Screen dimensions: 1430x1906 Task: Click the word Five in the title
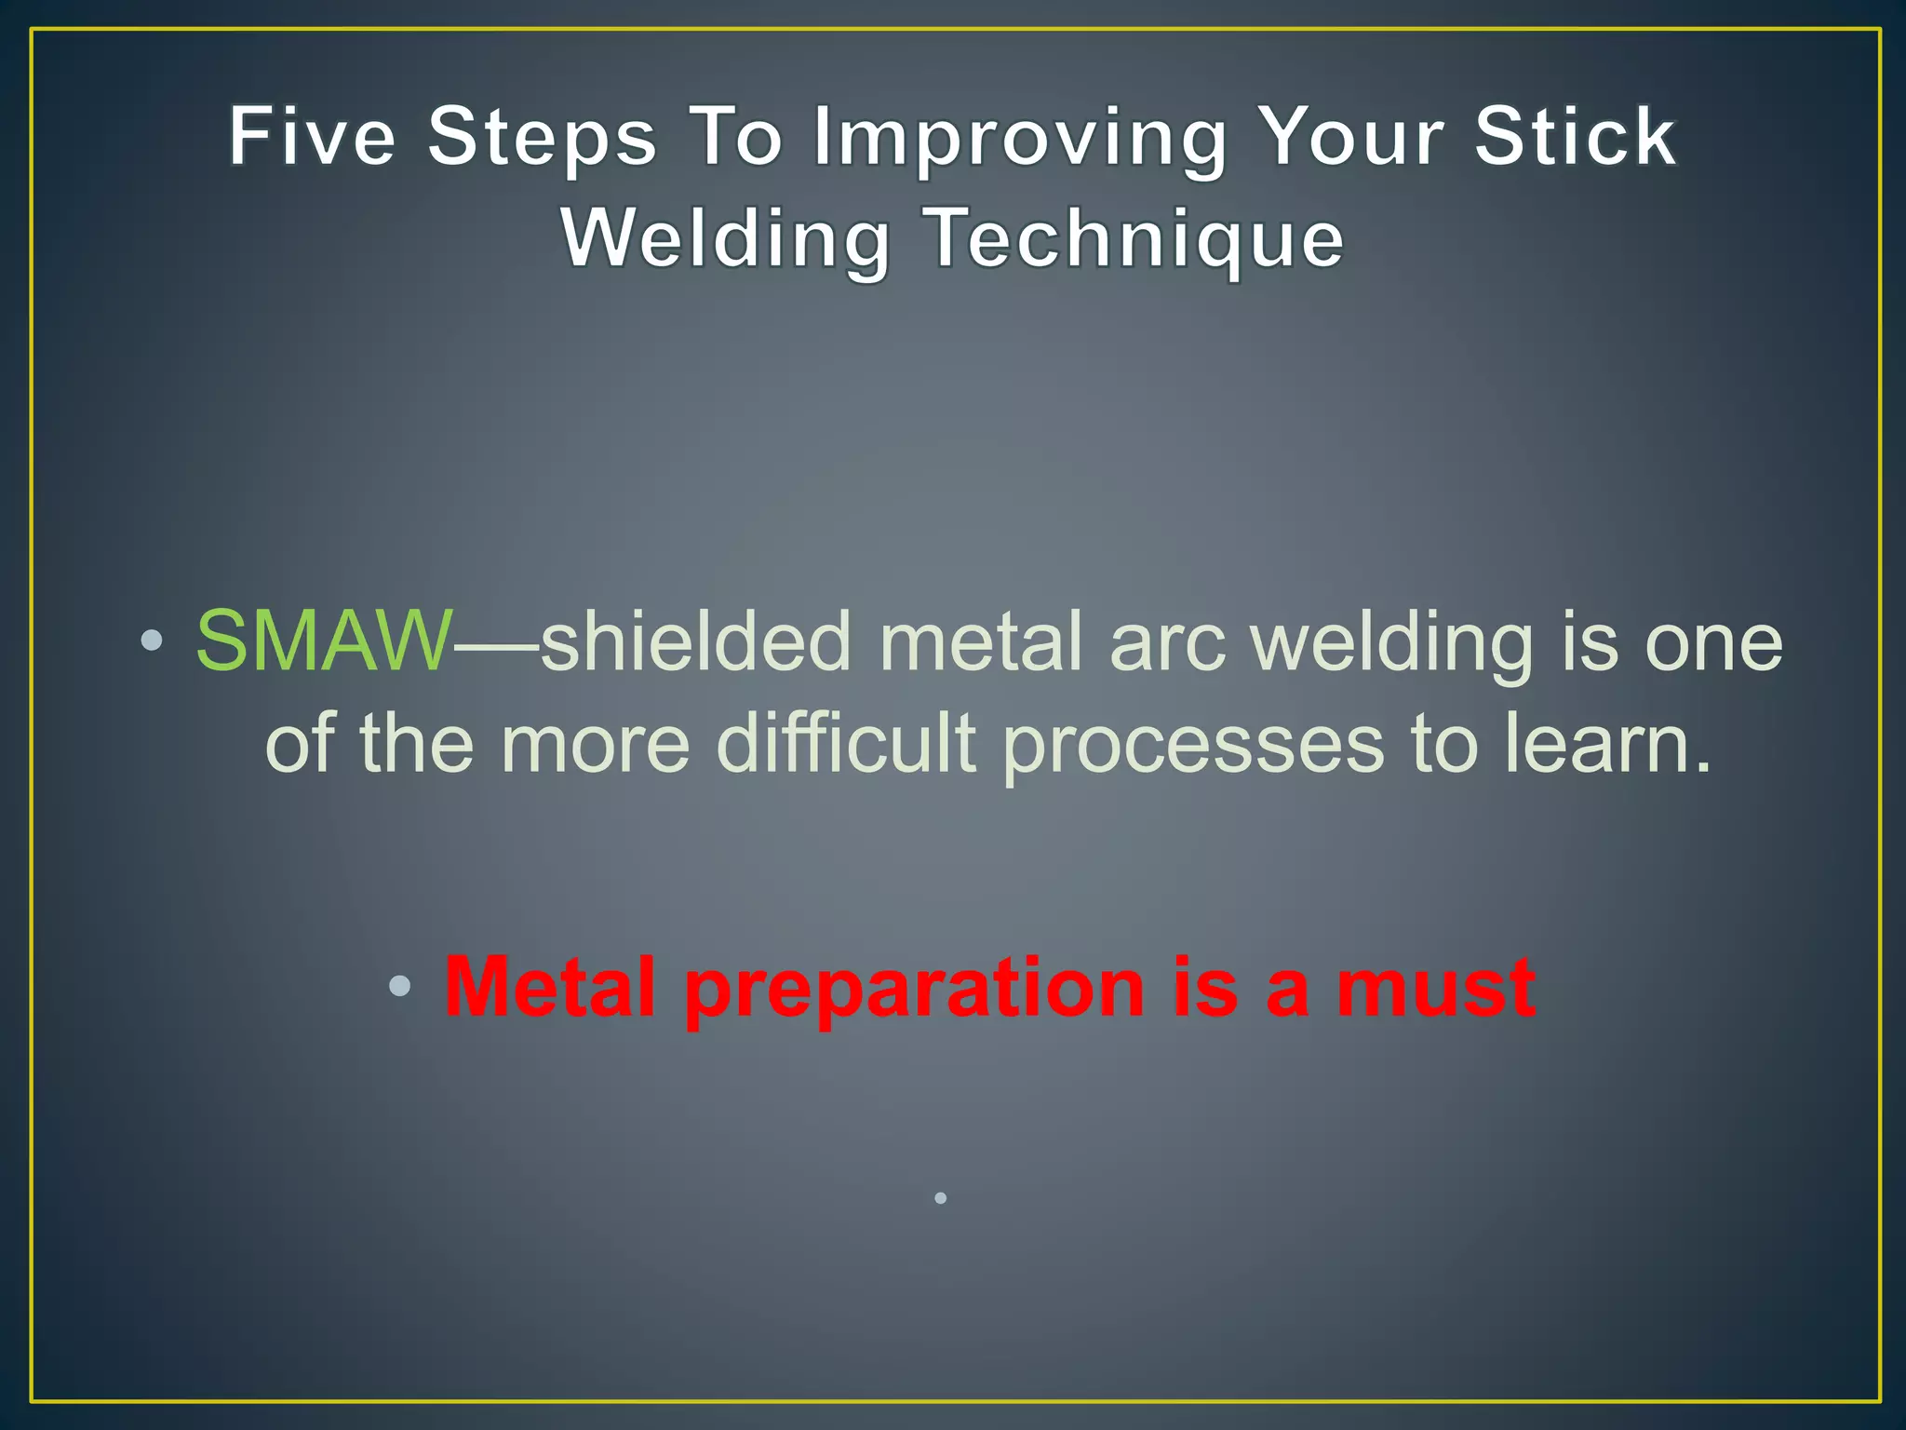click(x=313, y=137)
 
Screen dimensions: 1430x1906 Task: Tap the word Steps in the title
click(x=543, y=137)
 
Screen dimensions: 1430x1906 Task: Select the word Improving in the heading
click(x=1020, y=140)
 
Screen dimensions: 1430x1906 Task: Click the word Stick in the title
click(x=1575, y=137)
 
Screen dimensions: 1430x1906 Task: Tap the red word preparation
click(x=914, y=991)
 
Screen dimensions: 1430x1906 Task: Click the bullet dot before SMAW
click(x=153, y=641)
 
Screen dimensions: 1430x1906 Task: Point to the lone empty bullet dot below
click(x=941, y=1198)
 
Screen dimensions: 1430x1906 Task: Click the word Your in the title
click(x=1350, y=137)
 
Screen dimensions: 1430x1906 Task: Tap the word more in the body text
click(x=595, y=745)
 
